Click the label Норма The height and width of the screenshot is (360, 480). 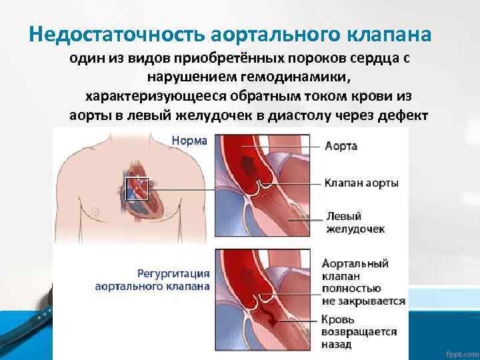pyautogui.click(x=189, y=141)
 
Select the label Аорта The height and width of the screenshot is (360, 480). pyautogui.click(x=341, y=146)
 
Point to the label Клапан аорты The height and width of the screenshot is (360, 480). pyautogui.click(x=361, y=182)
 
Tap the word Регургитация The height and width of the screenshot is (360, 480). pyautogui.click(x=175, y=273)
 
